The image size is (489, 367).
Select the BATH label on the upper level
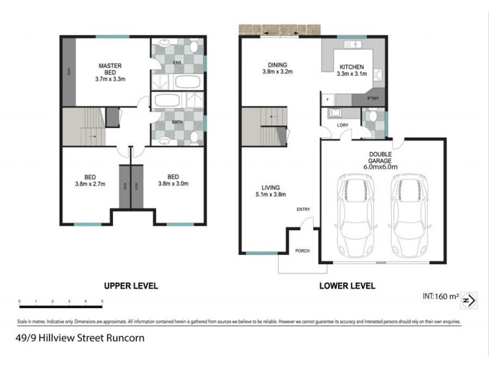point(177,122)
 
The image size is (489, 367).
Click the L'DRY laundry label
point(343,126)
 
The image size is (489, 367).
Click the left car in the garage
point(352,217)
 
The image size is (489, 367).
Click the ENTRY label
point(304,210)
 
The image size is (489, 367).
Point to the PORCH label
point(303,251)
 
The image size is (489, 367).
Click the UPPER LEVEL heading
point(131,286)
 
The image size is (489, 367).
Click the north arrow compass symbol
point(469,300)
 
